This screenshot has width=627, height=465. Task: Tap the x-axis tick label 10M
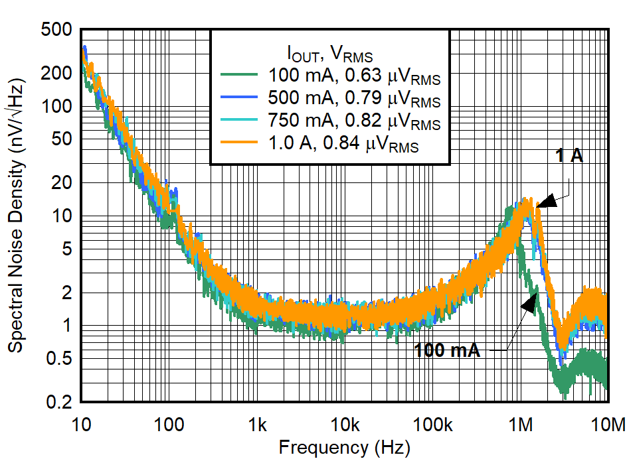click(608, 424)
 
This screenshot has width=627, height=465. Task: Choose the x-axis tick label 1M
click(521, 424)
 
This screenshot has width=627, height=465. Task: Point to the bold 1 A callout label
click(569, 156)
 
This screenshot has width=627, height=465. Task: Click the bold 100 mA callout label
click(446, 350)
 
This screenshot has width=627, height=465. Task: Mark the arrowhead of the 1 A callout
click(543, 202)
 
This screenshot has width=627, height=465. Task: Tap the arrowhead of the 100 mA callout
click(530, 302)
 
